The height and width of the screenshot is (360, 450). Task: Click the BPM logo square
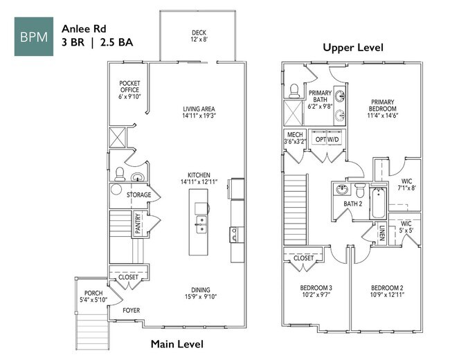(x=34, y=36)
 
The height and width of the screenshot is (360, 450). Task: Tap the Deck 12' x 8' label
(x=199, y=37)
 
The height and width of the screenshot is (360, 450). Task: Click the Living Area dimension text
(x=199, y=116)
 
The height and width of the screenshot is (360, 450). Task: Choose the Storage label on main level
(x=138, y=195)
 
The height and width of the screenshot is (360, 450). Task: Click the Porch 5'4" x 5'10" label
(x=93, y=296)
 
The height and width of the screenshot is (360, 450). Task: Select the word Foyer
(x=132, y=311)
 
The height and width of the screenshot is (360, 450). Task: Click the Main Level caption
(x=177, y=343)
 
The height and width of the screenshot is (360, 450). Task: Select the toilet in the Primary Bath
(x=294, y=91)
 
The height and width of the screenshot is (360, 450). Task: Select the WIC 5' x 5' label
(x=406, y=227)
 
